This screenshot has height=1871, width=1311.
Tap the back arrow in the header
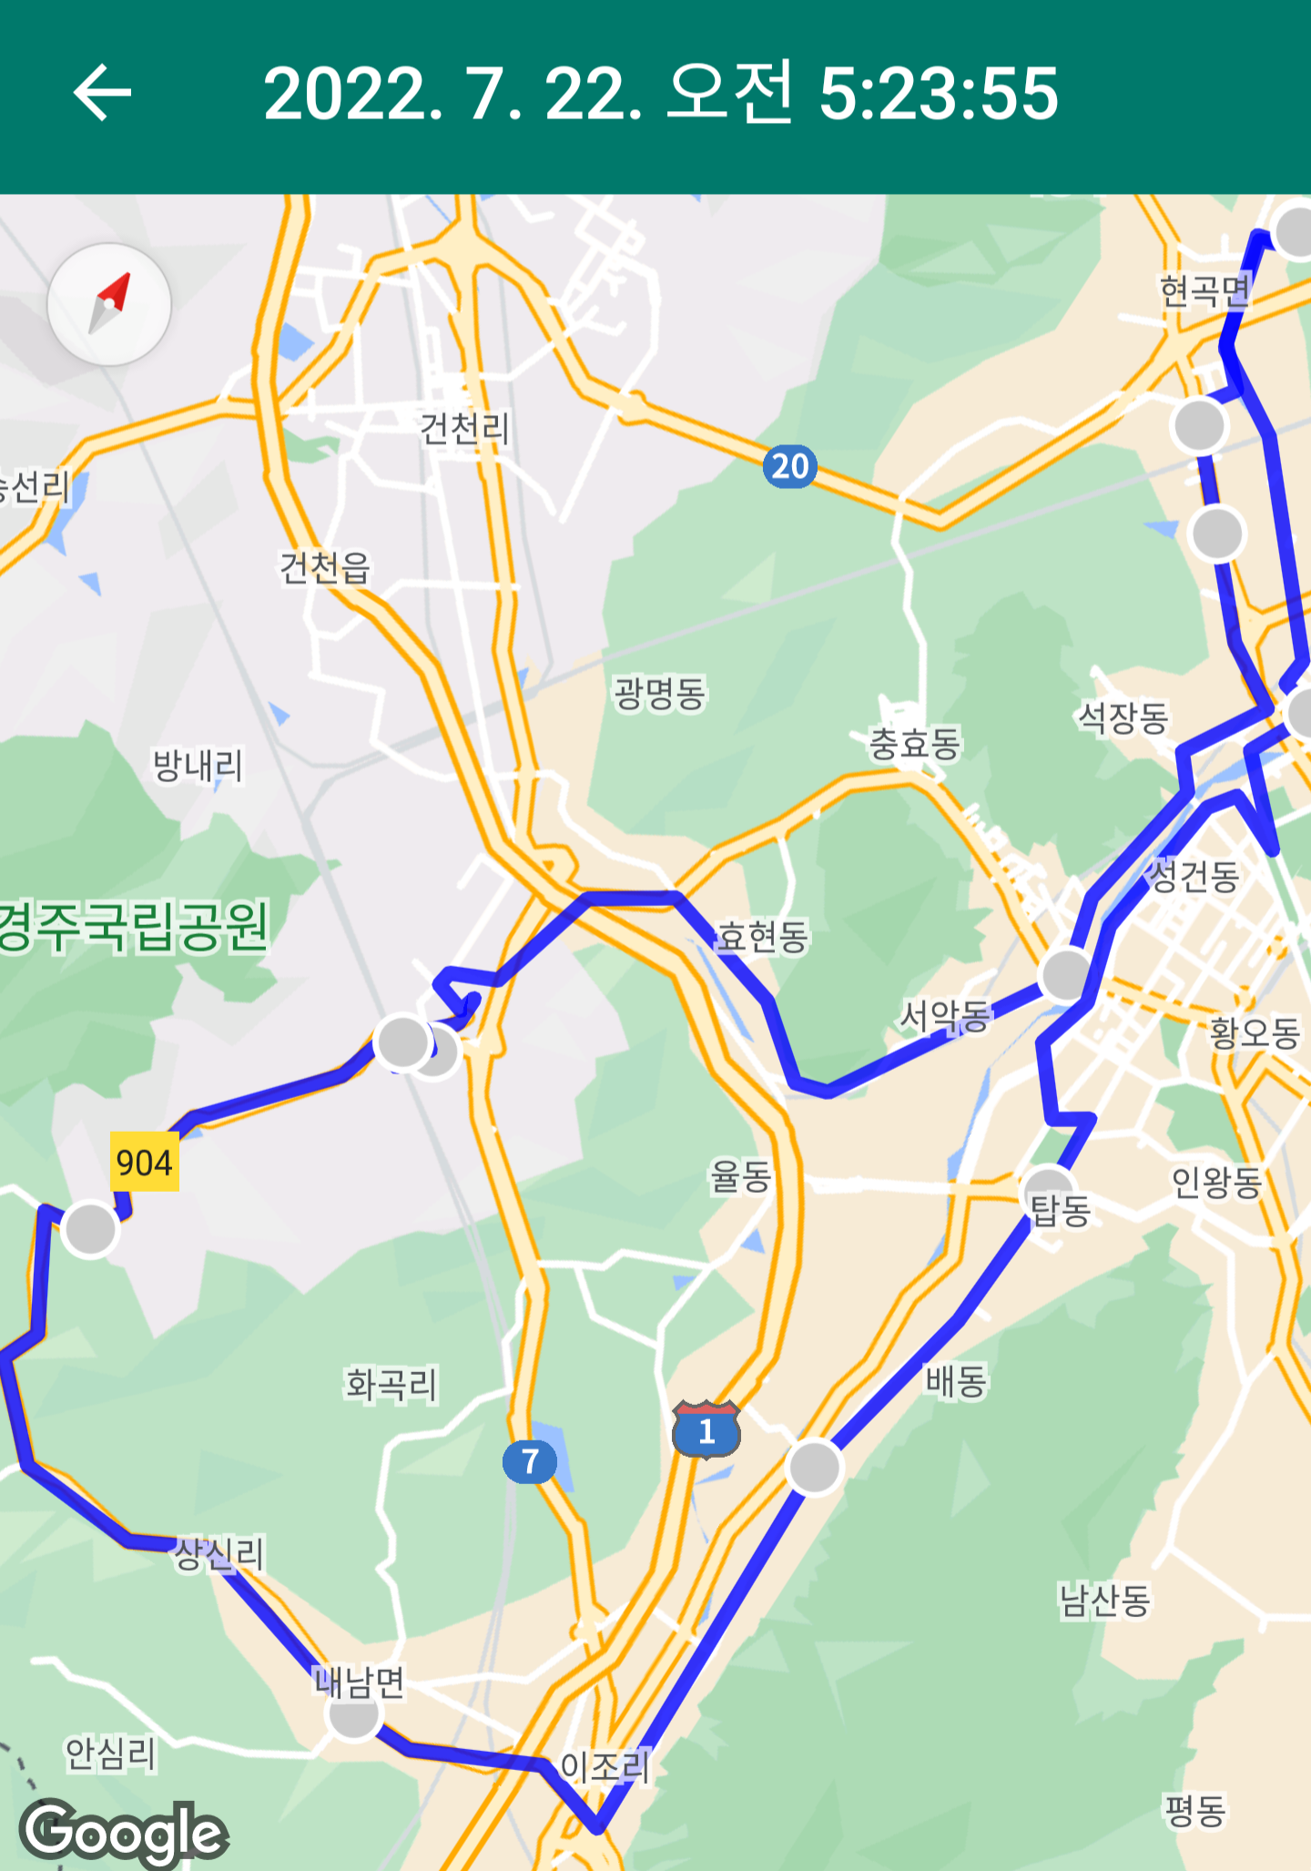click(x=102, y=93)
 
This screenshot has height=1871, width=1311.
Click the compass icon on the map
click(x=109, y=304)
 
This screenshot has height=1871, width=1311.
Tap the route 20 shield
click(x=789, y=466)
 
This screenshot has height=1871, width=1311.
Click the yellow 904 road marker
click(x=144, y=1162)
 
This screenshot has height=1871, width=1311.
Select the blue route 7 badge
click(x=529, y=1461)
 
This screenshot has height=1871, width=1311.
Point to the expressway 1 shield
click(x=706, y=1430)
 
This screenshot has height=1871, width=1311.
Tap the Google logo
click(x=124, y=1832)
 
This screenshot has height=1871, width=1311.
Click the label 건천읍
click(x=325, y=568)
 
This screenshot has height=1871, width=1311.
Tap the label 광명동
click(x=660, y=694)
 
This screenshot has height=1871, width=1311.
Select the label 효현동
click(x=763, y=936)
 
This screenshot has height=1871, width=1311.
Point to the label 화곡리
click(x=391, y=1385)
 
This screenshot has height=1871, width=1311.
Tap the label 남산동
click(x=1104, y=1600)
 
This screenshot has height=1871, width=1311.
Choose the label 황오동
click(x=1254, y=1033)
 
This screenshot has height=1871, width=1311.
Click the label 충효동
click(x=915, y=744)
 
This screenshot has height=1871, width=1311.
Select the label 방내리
click(x=198, y=766)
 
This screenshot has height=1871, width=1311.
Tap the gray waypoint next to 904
click(x=90, y=1230)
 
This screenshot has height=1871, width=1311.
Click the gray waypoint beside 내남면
click(x=354, y=1715)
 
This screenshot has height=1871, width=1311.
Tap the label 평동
click(x=1195, y=1810)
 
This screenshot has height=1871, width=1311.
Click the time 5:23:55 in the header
click(x=939, y=93)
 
